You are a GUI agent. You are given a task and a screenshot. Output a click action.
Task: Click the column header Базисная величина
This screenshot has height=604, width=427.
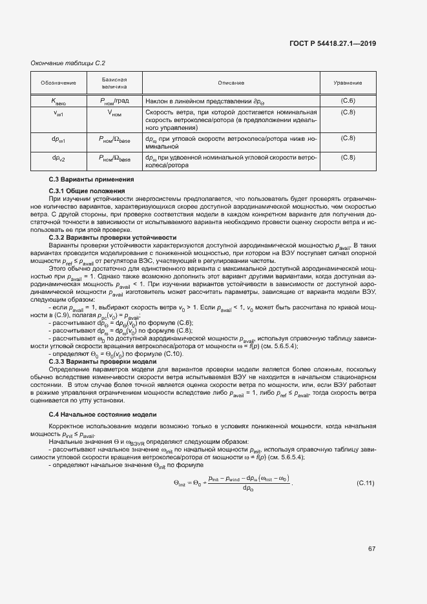pos(114,83)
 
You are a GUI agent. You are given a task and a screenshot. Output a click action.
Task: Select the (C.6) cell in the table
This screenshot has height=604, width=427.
pos(348,101)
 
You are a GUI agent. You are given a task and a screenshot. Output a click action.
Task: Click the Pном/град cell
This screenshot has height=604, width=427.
pos(114,101)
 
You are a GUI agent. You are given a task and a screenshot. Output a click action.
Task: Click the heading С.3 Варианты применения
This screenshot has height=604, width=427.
pos(91,179)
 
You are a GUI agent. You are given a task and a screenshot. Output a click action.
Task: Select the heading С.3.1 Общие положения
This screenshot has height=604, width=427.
pos(87,191)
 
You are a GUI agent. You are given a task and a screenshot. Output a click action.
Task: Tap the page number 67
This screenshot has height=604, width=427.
pos(372,550)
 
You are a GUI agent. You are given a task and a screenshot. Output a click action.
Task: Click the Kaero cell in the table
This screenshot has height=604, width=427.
pos(59,101)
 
